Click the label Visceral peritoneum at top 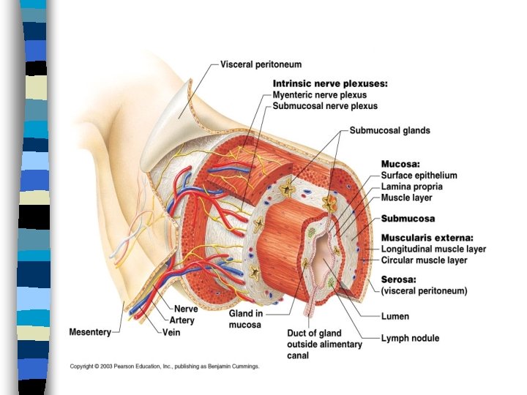[x=261, y=65]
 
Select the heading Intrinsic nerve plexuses [x=330, y=83]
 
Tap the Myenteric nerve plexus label [x=319, y=95]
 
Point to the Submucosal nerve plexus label [x=325, y=106]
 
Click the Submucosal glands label [x=389, y=131]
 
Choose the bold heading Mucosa [x=401, y=165]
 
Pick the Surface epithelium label [x=419, y=176]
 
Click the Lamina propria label [x=411, y=187]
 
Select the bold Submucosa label [x=408, y=219]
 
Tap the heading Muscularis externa [x=427, y=238]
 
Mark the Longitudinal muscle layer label [x=433, y=249]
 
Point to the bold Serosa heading [x=400, y=279]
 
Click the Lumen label [x=395, y=317]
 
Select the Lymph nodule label [x=410, y=338]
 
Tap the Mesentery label [x=90, y=331]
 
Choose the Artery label [x=182, y=320]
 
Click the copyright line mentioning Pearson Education [x=165, y=366]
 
